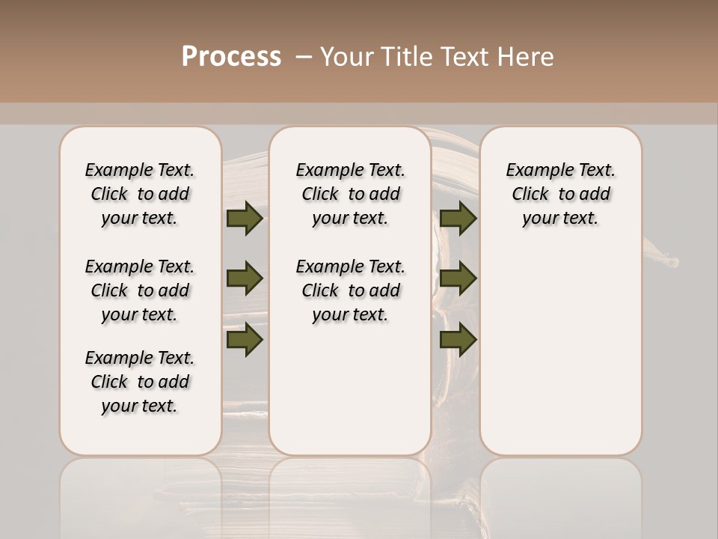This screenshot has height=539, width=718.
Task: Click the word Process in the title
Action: coord(231,56)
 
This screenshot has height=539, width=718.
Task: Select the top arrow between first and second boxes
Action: coord(245,219)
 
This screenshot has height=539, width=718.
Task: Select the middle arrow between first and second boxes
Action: coord(245,278)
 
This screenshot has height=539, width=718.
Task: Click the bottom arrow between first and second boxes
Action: coord(245,340)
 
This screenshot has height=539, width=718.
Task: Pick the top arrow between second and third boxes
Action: coord(458,219)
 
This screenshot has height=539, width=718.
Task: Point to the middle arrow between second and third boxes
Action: coord(458,278)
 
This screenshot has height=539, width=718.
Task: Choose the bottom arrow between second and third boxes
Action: coord(458,340)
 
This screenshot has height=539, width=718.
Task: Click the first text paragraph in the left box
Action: coord(140,194)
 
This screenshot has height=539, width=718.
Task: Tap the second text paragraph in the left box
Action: coord(140,290)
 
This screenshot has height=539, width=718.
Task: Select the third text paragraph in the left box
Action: coord(140,382)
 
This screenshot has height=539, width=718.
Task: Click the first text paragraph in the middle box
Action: coord(350,194)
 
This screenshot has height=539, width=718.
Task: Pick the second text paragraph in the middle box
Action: coord(350,290)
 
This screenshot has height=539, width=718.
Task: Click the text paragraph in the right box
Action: coord(561,194)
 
